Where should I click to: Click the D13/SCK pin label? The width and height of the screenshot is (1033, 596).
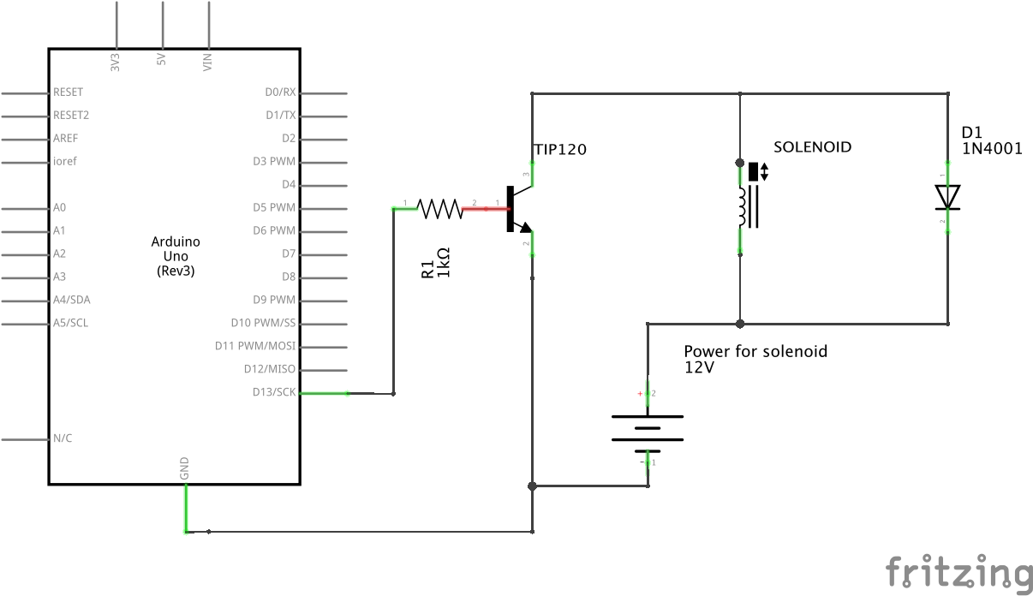pos(274,392)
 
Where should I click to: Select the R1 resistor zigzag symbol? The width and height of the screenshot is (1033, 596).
pos(439,209)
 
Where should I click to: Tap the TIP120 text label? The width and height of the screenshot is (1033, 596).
pos(560,149)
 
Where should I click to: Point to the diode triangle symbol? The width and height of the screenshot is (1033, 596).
pos(947,197)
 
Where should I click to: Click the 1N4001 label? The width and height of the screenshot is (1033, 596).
pos(992,148)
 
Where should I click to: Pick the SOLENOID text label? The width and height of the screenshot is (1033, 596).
pos(813,147)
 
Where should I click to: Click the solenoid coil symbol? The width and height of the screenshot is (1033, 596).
pos(748,206)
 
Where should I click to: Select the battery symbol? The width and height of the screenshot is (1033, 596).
pos(648,434)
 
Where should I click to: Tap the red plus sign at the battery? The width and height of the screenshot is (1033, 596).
pos(640,393)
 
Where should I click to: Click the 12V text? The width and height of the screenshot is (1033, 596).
pos(700,367)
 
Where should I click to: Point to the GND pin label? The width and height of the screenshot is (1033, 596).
pos(184,468)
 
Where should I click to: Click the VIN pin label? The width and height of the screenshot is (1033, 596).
pos(207,63)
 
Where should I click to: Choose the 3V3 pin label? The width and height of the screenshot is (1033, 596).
pos(116,63)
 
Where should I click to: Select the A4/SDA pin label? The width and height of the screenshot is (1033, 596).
pos(71,300)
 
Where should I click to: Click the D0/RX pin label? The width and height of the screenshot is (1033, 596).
pos(280,92)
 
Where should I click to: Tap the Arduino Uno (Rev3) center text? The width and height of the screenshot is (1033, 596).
pos(176,256)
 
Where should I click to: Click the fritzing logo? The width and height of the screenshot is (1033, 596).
pos(958,573)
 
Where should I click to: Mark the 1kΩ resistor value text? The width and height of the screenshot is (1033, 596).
pos(443,262)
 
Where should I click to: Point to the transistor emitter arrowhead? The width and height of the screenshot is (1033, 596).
pos(525,227)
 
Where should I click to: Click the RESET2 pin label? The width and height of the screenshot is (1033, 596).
pos(71,116)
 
